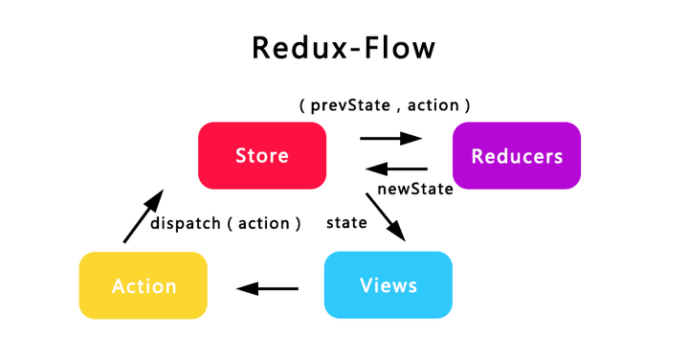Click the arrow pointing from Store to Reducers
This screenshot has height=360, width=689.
tap(390, 138)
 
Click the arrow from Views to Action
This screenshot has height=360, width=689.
tap(267, 287)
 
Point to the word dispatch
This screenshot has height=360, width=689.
tap(184, 223)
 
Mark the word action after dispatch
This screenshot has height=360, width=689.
tap(263, 223)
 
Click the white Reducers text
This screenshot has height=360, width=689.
tap(517, 156)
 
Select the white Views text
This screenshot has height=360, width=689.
tap(389, 285)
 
